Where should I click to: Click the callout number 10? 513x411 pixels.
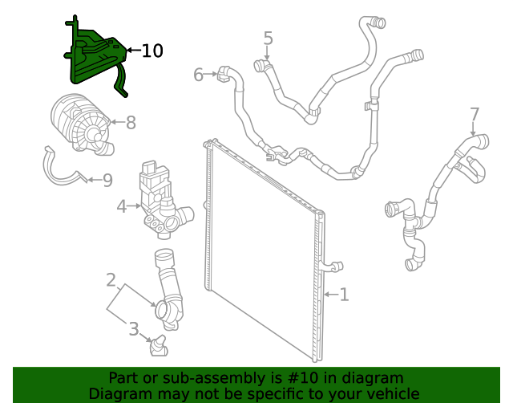pos(152,51)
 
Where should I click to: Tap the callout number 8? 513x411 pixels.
pos(130,122)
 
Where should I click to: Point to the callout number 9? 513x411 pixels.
pos(107,180)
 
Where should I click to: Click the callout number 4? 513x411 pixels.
pos(121,206)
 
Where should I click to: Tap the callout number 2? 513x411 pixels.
pos(111,280)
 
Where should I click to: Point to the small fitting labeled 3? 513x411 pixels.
pos(157,348)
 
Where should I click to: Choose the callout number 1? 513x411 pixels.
pos(344,295)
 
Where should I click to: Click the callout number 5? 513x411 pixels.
pos(268,38)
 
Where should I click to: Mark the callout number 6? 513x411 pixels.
pos(198,75)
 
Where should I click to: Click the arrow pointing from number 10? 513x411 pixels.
pos(132,51)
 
